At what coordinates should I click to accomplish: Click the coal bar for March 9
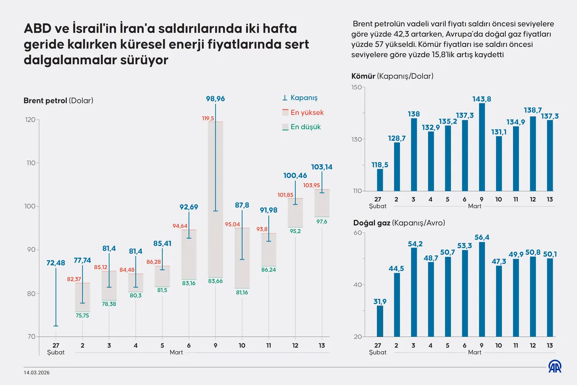click(482, 147)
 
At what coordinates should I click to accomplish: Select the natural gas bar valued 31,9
click(380, 321)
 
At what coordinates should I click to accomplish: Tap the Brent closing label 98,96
click(215, 98)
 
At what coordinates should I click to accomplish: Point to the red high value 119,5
click(208, 118)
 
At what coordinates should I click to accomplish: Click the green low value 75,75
click(82, 316)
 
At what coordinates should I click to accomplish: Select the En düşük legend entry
click(301, 127)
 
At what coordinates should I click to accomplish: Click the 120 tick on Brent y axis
click(30, 120)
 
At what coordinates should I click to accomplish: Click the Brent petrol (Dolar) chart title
click(58, 101)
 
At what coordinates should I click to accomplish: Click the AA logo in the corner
click(554, 367)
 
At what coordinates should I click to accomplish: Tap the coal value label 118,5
click(380, 165)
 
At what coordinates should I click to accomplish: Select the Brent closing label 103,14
click(322, 167)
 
